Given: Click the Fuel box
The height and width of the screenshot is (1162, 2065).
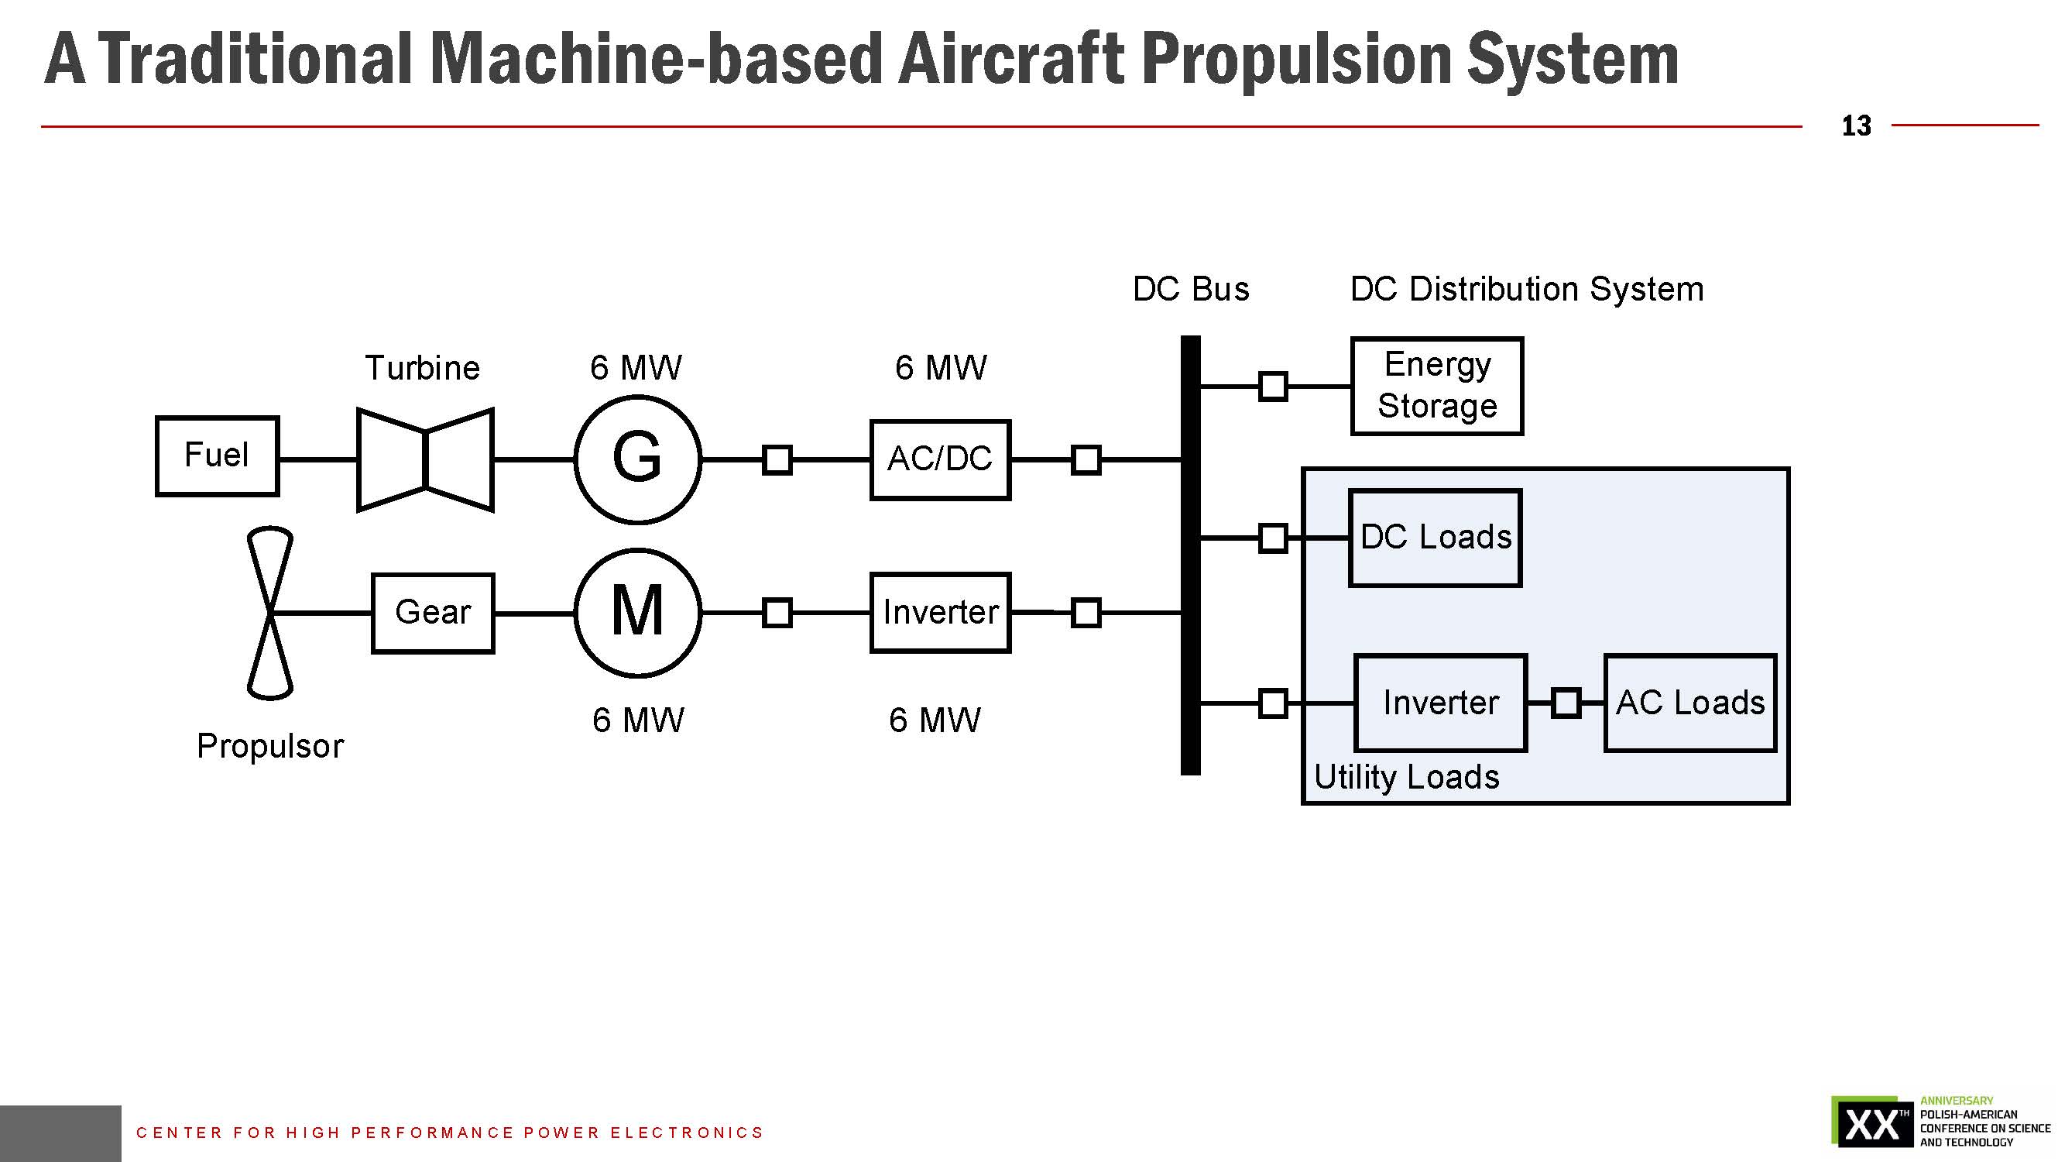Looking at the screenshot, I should pyautogui.click(x=217, y=456).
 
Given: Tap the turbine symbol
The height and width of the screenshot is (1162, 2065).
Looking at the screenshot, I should pyautogui.click(x=425, y=459).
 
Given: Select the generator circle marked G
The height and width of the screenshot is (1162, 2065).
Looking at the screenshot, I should pyautogui.click(x=637, y=459).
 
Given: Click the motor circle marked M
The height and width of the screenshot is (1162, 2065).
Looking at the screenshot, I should pyautogui.click(x=637, y=613).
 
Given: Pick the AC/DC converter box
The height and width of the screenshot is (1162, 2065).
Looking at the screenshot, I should pyautogui.click(x=939, y=459).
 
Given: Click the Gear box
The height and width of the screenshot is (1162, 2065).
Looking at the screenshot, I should pyautogui.click(x=433, y=613).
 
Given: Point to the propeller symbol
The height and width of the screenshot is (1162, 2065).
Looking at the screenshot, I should pyautogui.click(x=270, y=613).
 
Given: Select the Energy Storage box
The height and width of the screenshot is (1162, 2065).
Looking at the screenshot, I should pyautogui.click(x=1436, y=386).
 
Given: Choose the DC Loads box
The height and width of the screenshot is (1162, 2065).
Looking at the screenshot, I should pyautogui.click(x=1435, y=538).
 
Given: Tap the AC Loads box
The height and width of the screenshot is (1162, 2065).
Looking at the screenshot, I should pyautogui.click(x=1689, y=703).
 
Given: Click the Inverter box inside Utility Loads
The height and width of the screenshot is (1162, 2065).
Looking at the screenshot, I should pyautogui.click(x=1440, y=703).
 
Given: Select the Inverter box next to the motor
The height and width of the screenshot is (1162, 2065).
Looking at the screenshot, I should pyautogui.click(x=939, y=613).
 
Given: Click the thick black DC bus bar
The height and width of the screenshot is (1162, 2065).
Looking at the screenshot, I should pyautogui.click(x=1190, y=555).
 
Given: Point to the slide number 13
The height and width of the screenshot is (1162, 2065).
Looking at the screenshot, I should pyautogui.click(x=1856, y=126).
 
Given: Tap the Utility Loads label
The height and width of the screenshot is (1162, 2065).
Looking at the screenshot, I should pyautogui.click(x=1406, y=777).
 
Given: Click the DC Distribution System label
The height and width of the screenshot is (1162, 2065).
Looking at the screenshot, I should pyautogui.click(x=1526, y=289).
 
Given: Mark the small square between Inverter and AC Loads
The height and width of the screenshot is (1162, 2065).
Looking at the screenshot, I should pyautogui.click(x=1566, y=703).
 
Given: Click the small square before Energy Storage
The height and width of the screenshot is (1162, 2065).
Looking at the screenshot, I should pyautogui.click(x=1273, y=386).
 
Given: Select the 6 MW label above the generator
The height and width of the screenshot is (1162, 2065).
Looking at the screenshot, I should pyautogui.click(x=636, y=368).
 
